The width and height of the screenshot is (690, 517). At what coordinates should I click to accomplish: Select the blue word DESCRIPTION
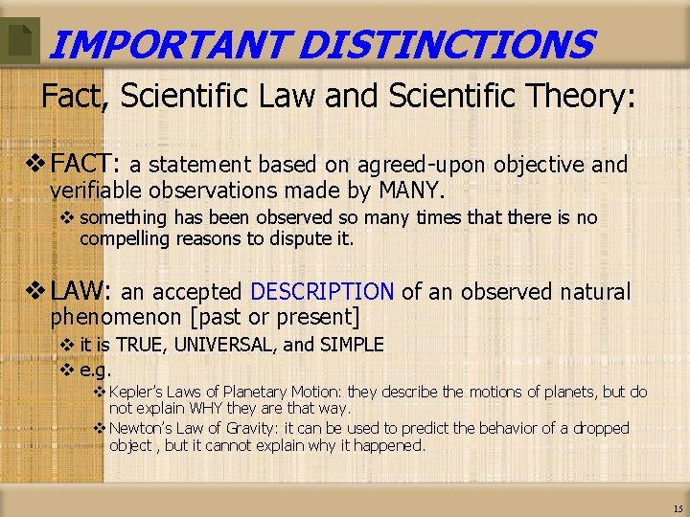click(321, 292)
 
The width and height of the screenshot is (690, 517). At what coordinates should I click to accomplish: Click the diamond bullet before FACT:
click(37, 165)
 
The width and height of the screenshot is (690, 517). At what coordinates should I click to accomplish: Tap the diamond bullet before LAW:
click(37, 292)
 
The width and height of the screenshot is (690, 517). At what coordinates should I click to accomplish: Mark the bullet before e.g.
click(67, 369)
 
